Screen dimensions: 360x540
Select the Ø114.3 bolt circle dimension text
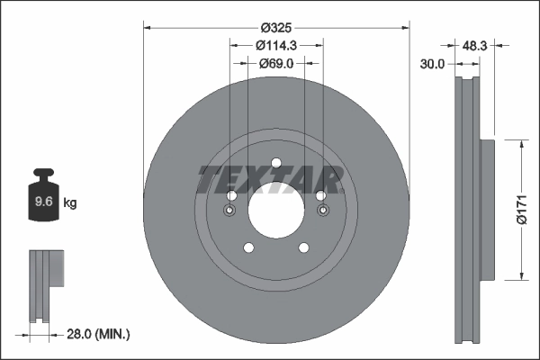pos(276,45)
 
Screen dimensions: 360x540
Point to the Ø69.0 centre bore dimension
pos(276,64)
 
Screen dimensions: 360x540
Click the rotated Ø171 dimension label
pos(519,208)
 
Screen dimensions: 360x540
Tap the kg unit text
pos(70,204)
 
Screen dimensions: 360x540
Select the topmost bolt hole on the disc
pos(276,163)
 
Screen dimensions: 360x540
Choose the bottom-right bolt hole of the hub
pos(304,249)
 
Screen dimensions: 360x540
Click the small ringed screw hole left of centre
pos(229,211)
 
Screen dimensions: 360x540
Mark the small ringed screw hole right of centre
pos(323,211)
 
